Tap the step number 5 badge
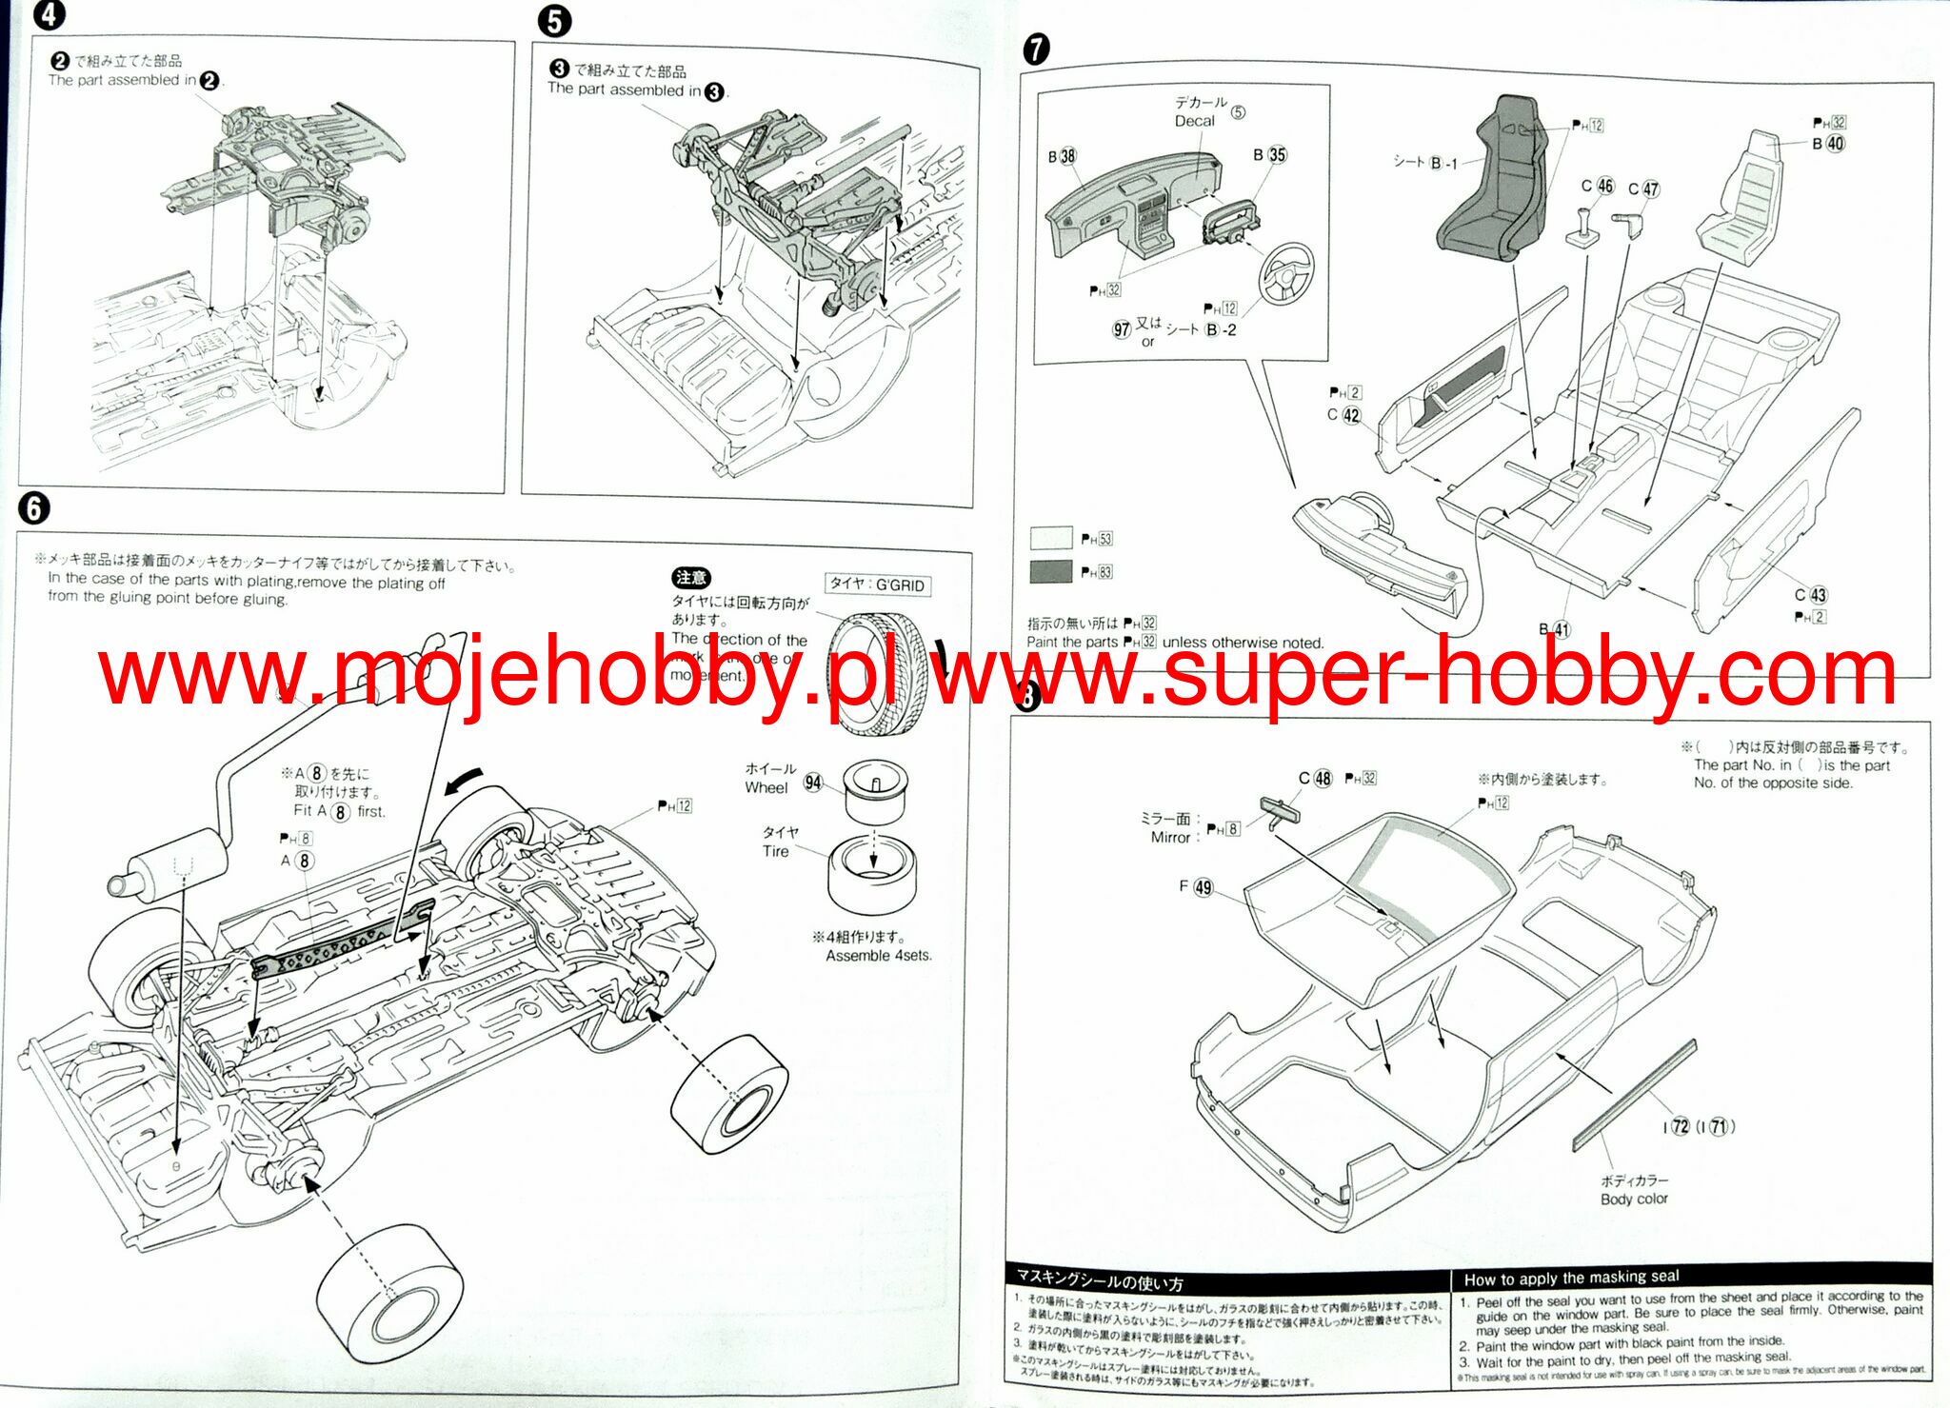point(554,22)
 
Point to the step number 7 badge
point(1036,49)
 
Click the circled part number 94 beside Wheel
point(813,783)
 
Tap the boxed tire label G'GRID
point(878,585)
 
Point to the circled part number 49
point(1204,887)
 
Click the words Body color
point(1634,1199)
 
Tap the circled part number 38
point(1067,156)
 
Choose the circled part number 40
point(1835,144)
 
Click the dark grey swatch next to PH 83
point(1051,571)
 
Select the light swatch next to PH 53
point(1051,538)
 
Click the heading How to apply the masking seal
point(1571,1278)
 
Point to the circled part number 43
point(1818,595)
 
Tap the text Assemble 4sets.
point(879,955)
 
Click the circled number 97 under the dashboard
point(1122,329)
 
